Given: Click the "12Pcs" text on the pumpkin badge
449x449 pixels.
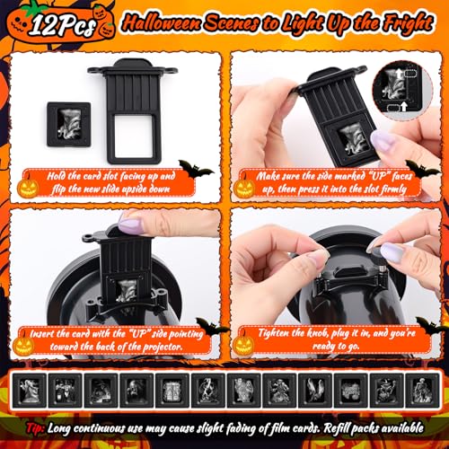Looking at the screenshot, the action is point(62,25).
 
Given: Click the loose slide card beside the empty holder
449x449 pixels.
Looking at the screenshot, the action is point(69,124).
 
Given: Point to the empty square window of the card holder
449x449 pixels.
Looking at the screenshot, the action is point(133,136).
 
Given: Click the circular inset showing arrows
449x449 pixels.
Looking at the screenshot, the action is point(402,91).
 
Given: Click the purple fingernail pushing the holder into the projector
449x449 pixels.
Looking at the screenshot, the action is point(131,223).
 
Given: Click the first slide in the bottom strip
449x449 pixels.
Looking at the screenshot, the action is point(29,391).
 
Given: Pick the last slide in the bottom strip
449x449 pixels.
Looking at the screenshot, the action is point(422,391).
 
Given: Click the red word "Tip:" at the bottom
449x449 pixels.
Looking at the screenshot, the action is point(35,428).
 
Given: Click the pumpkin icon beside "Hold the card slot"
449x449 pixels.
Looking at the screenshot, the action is point(28,188).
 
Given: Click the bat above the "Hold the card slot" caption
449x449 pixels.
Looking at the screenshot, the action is point(195,170).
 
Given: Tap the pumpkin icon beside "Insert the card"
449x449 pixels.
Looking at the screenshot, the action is point(22,344).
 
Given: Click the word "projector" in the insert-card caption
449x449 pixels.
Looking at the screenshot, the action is point(163,347).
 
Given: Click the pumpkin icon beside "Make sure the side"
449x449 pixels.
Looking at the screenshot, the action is point(244,188).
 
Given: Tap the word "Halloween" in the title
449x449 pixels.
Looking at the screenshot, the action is point(162,23).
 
